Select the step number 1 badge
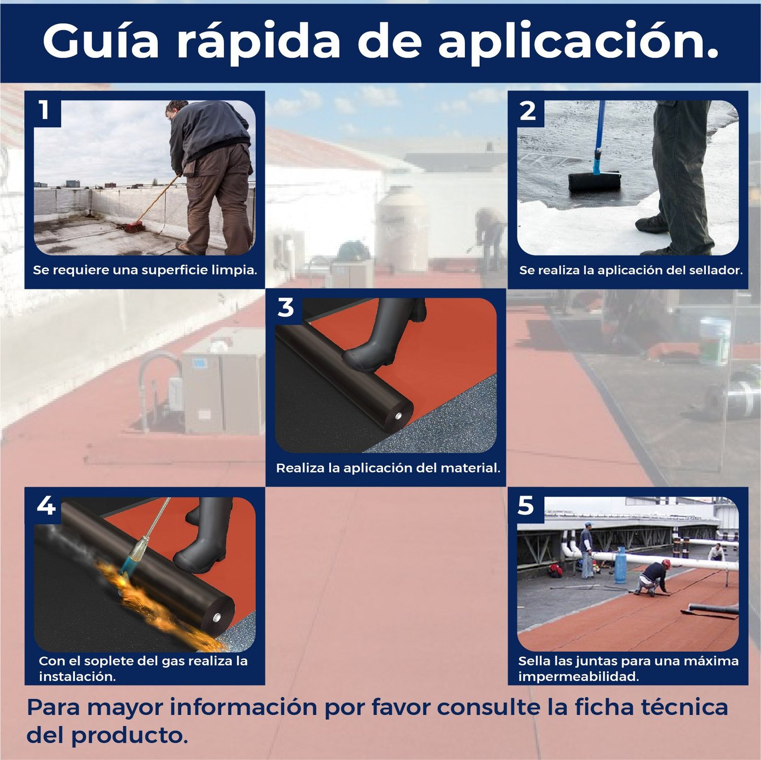click(45, 109)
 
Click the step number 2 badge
click(528, 110)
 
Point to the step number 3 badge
click(286, 308)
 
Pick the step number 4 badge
click(46, 506)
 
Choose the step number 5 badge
click(526, 506)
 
